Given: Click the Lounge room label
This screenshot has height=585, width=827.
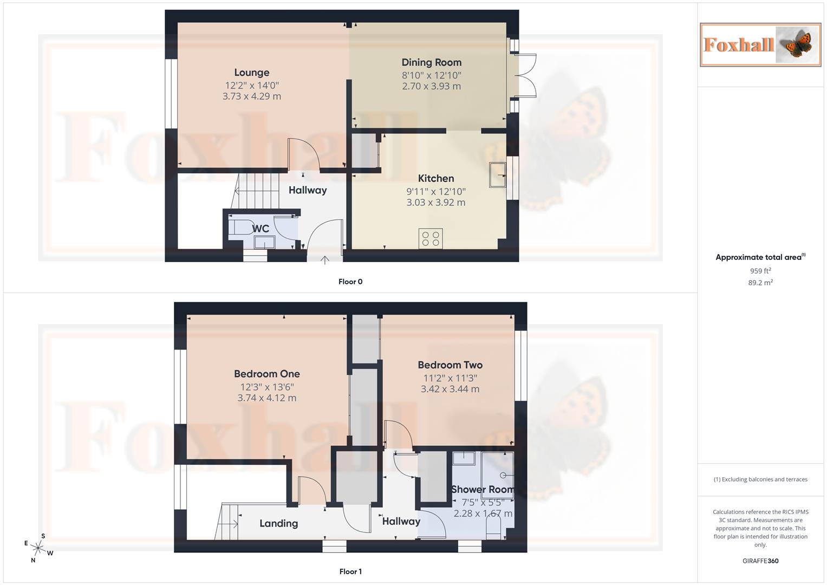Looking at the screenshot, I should (x=251, y=73).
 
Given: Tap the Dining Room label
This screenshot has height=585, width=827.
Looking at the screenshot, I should (x=431, y=62).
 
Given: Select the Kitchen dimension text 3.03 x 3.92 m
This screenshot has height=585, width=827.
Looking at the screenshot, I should (x=435, y=203).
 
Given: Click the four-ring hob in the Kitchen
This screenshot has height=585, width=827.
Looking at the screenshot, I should (x=431, y=239).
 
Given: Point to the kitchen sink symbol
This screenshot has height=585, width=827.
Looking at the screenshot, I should (x=498, y=175).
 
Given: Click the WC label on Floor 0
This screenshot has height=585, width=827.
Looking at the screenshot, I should (x=261, y=229).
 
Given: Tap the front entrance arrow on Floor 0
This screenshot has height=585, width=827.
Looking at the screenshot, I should (x=325, y=260).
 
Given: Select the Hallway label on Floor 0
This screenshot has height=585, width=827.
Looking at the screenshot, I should (x=307, y=190).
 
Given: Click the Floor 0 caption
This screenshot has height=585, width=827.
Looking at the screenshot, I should (x=350, y=282).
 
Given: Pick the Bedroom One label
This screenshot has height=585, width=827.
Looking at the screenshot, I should (x=266, y=374).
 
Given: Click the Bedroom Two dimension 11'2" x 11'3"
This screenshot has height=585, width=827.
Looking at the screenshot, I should (x=450, y=378).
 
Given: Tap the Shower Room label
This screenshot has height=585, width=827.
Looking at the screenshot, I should (x=482, y=490).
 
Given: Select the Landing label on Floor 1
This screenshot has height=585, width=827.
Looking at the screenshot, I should (x=278, y=523).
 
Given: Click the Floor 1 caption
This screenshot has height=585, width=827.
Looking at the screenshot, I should (x=350, y=571).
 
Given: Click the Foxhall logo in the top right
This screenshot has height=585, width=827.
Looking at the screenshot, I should (x=760, y=45).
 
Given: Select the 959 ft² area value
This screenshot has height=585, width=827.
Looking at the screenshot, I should (x=760, y=271).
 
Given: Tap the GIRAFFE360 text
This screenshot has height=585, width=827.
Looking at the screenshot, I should (x=760, y=561).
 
